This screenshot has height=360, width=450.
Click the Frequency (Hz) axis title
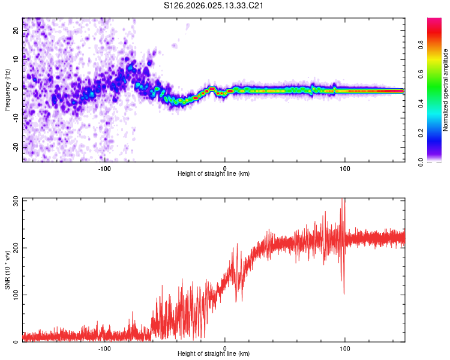tap(7, 89)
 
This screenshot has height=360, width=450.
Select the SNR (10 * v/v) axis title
tap(7, 269)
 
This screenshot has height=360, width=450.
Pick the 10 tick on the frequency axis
tap(17, 59)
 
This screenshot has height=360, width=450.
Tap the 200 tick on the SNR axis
tap(14, 247)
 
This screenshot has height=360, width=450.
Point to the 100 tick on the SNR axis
tap(14, 295)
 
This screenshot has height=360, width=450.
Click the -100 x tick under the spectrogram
tap(104, 169)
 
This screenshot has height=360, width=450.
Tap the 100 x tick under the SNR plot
tap(345, 349)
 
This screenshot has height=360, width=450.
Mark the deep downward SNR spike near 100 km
tap(343, 292)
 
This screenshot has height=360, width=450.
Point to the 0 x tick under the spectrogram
tap(224, 169)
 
